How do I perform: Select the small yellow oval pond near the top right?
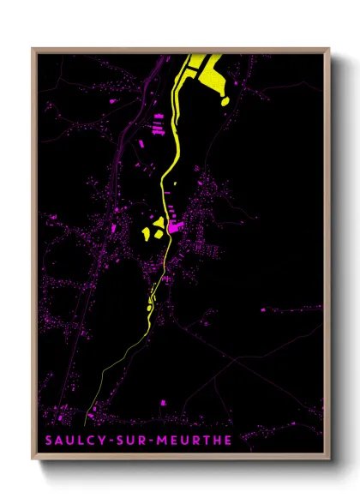pyautogui.click(x=225, y=101)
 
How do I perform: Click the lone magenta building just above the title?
pyautogui.click(x=162, y=400)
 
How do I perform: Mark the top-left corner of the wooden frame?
pyautogui.click(x=33, y=49)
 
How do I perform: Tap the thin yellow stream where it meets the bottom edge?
pyautogui.click(x=84, y=426)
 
